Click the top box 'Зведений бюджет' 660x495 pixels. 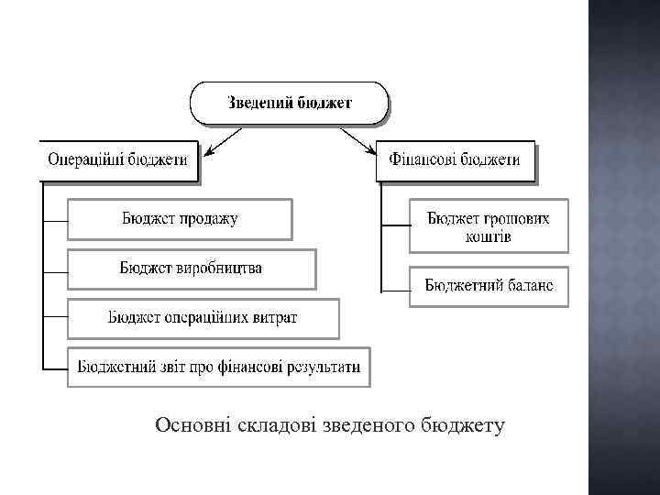(289, 103)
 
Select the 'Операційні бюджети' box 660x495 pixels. (117, 159)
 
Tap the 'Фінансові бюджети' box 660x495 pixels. (455, 159)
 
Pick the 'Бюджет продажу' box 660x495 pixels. (180, 219)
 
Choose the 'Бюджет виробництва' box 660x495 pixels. (191, 269)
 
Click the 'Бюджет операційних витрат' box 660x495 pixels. (203, 318)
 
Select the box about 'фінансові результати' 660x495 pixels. (219, 367)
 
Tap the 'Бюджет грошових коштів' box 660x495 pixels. (489, 226)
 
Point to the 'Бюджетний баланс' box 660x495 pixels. (489, 285)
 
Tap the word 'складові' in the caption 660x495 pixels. (274, 424)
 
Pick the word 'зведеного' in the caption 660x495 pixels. (369, 424)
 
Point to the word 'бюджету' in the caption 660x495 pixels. (463, 424)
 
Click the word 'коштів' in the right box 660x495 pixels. (488, 236)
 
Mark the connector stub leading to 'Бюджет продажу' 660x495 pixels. (55, 221)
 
